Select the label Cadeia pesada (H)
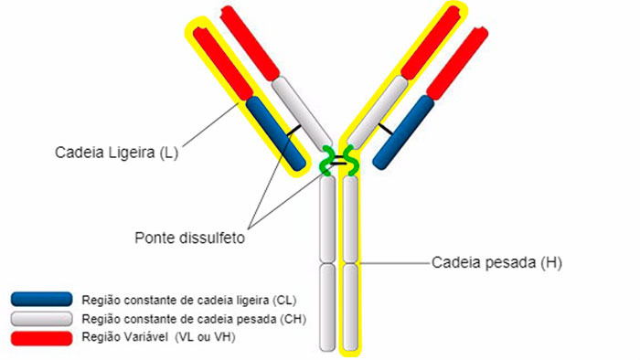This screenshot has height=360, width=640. click(x=496, y=263)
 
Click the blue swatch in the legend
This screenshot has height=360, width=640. click(x=41, y=299)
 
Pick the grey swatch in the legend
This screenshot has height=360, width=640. click(x=41, y=318)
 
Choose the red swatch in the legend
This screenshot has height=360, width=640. click(x=41, y=337)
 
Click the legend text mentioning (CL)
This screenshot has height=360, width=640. click(x=188, y=299)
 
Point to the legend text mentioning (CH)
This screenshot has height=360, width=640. click(x=193, y=318)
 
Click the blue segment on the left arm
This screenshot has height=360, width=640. click(x=275, y=133)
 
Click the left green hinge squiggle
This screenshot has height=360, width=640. click(x=326, y=162)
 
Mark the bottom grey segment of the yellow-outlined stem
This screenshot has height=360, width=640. click(x=351, y=305)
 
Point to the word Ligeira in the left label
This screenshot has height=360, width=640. click(x=125, y=153)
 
